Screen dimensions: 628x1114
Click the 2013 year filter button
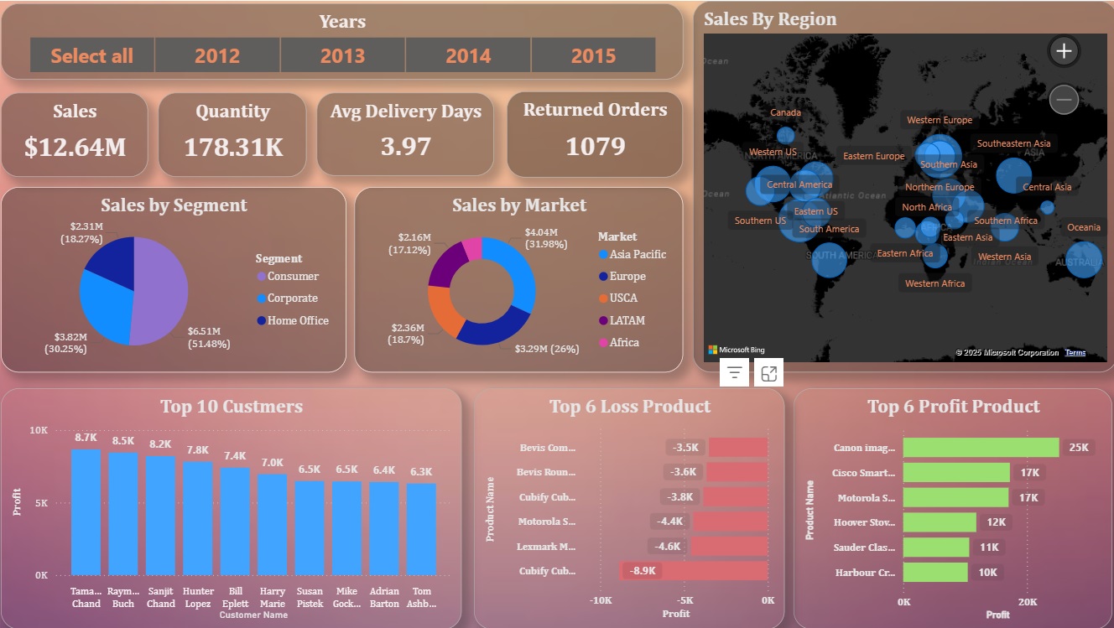coord(342,55)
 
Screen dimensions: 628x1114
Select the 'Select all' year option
coord(91,55)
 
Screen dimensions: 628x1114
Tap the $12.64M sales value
coord(75,147)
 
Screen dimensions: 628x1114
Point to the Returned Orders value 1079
coord(595,146)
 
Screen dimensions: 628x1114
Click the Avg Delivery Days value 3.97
coord(405,146)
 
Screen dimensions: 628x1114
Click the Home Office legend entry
coord(298,320)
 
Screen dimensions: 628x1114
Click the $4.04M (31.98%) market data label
coord(545,238)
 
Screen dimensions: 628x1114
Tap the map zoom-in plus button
coord(1064,51)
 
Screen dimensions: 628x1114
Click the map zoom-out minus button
coord(1064,101)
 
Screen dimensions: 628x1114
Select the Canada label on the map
coord(785,112)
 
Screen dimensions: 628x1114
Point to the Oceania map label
coord(1083,227)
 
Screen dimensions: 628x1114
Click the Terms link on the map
coord(1075,353)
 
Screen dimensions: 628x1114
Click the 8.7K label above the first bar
coord(86,438)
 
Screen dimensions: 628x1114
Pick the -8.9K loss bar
coord(694,571)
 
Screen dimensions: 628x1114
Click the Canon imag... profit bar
coord(981,448)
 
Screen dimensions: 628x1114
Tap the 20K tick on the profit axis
coord(1028,602)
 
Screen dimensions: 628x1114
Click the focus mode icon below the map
coord(768,374)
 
